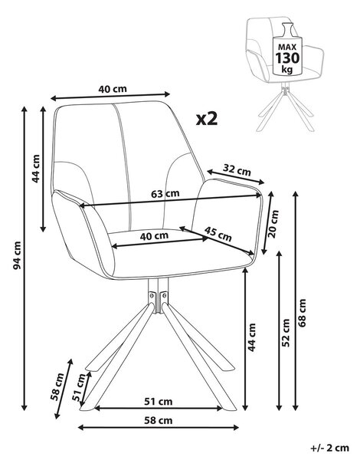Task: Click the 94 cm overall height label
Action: tap(18, 255)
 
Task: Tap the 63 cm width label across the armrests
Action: tap(165, 194)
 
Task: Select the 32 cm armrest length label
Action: tap(237, 170)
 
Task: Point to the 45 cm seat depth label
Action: tap(218, 234)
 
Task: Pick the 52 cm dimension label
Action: tap(286, 333)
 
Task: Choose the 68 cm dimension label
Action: tap(302, 313)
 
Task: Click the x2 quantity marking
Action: tap(207, 119)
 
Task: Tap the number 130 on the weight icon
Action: tap(287, 58)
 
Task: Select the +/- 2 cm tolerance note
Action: tap(329, 448)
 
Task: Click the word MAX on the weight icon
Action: tap(287, 48)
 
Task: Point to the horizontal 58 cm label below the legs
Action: tap(159, 420)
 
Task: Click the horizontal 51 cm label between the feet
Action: tap(159, 401)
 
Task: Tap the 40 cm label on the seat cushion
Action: tap(154, 236)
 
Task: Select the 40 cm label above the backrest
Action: tap(113, 89)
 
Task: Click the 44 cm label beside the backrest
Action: tap(36, 169)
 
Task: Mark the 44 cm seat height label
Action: tap(251, 337)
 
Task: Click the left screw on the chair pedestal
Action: tap(152, 295)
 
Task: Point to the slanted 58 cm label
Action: tap(57, 386)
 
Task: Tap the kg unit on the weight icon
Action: tap(287, 69)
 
